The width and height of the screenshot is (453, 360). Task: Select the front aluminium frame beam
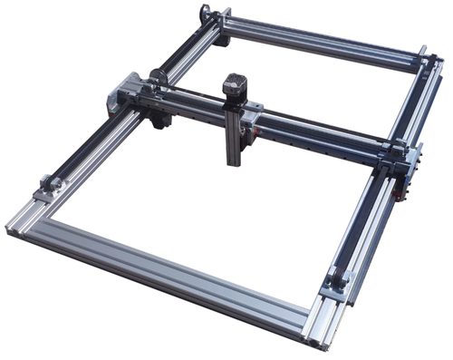(163, 272)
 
